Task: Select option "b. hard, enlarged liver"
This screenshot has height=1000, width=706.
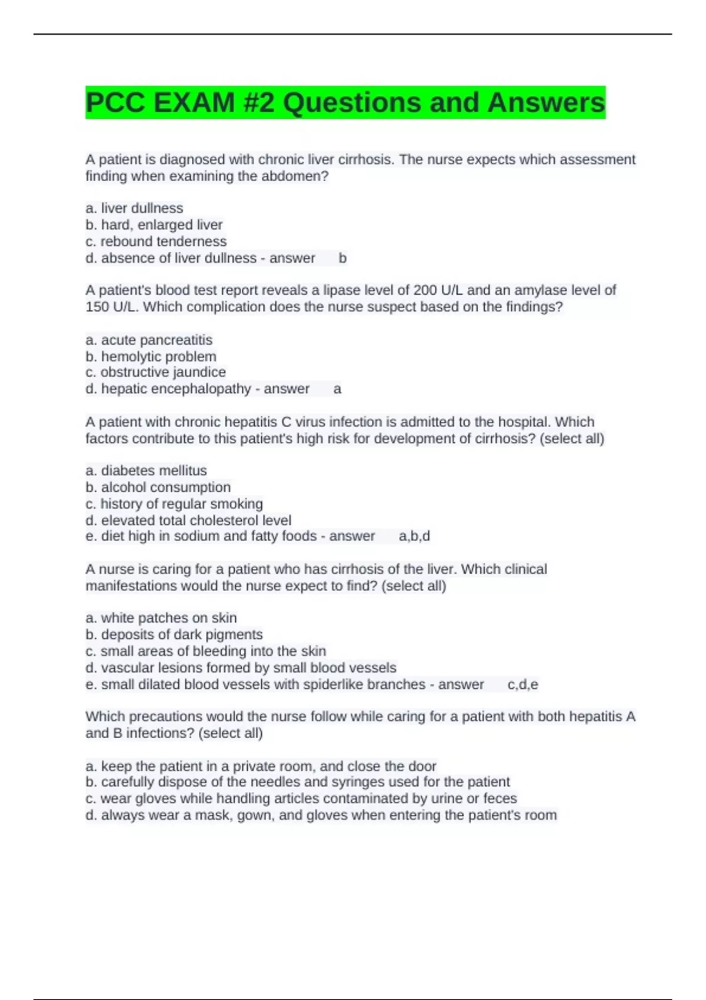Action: click(154, 225)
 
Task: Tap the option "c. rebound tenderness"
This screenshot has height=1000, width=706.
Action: click(156, 241)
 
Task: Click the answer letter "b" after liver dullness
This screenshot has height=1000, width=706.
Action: click(342, 258)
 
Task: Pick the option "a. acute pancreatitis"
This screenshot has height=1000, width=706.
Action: click(149, 340)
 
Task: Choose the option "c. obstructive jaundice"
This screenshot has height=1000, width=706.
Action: click(156, 372)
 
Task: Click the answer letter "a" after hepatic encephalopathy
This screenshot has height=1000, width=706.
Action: click(337, 389)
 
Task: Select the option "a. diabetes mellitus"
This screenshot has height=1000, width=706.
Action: click(146, 471)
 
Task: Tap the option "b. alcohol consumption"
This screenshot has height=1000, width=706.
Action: click(158, 487)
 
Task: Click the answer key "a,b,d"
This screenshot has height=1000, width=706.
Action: click(414, 536)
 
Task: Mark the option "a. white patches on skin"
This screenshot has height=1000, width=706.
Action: click(161, 618)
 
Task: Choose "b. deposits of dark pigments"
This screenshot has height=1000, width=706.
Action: click(174, 635)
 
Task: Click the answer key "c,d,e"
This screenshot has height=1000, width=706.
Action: click(522, 685)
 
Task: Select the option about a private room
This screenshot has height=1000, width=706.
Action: click(261, 766)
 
